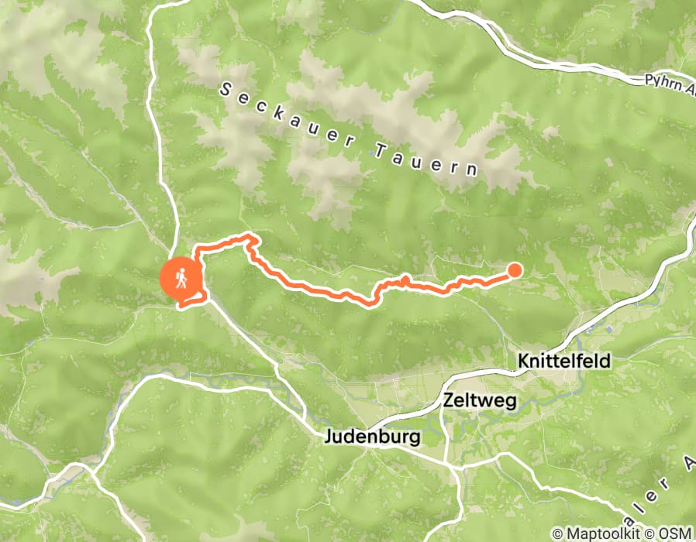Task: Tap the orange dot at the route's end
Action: click(515, 269)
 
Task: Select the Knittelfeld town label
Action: click(564, 361)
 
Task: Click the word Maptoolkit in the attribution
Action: click(599, 533)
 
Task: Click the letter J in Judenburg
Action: click(326, 437)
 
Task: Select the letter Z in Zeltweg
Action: click(450, 400)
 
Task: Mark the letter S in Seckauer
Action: click(226, 91)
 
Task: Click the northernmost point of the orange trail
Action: click(250, 235)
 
